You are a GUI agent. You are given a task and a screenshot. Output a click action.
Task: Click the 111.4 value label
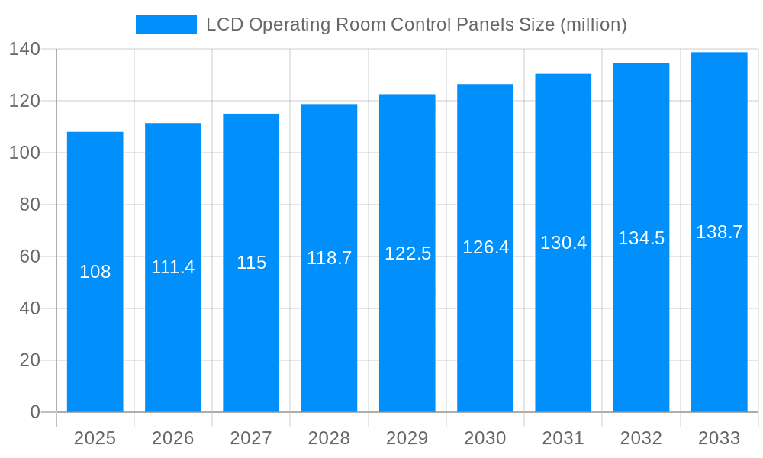pos(173,268)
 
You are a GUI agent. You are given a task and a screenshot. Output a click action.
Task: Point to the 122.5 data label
pos(407,254)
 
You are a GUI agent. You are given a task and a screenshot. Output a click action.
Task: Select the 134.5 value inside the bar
pos(641,238)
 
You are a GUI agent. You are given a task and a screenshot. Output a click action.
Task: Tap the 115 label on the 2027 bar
pos(251,263)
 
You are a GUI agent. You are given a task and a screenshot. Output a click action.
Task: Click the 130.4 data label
pos(563,243)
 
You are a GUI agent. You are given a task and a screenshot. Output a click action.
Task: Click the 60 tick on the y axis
pos(30,256)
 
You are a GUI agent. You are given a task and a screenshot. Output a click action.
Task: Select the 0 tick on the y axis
pos(35,412)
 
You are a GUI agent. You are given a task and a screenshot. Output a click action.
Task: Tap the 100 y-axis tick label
pos(24,153)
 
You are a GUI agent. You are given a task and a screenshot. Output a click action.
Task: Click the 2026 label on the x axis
pos(173,438)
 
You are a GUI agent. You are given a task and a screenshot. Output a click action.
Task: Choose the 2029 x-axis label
pos(407,438)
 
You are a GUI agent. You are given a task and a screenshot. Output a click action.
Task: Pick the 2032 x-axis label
pos(641,438)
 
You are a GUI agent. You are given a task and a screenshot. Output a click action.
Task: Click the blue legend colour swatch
pos(166,24)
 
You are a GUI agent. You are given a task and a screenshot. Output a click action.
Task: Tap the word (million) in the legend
pos(593,25)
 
